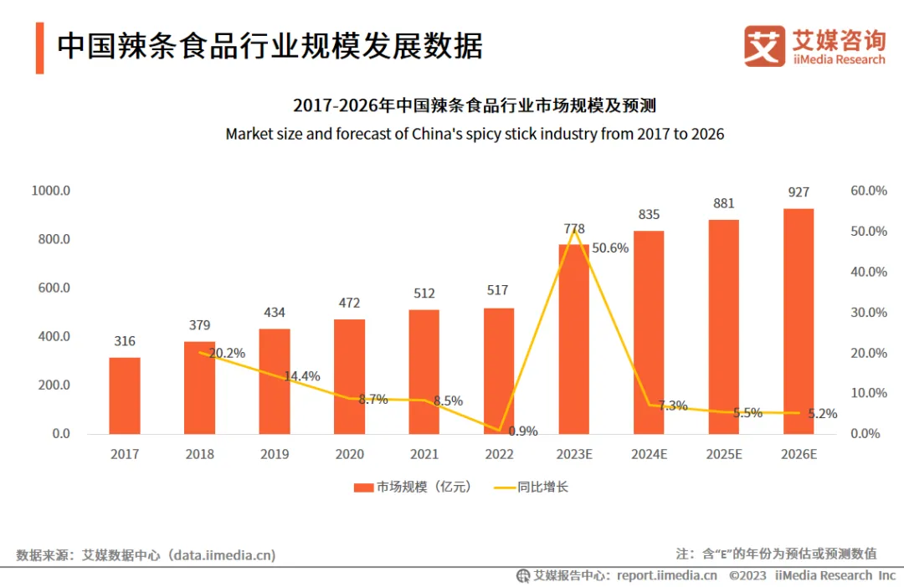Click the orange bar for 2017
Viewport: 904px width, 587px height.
pyautogui.click(x=125, y=396)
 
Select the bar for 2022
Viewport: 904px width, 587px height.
pyautogui.click(x=499, y=371)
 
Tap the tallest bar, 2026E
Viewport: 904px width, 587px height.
pyautogui.click(x=799, y=321)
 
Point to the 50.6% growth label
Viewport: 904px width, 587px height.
pyautogui.click(x=610, y=248)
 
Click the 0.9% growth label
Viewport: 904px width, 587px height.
pyautogui.click(x=522, y=431)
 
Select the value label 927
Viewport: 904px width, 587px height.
pyautogui.click(x=799, y=192)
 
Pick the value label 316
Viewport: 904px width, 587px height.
pyautogui.click(x=125, y=341)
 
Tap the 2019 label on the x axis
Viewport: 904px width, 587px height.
pyautogui.click(x=275, y=454)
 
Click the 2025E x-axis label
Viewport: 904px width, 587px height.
pyautogui.click(x=723, y=454)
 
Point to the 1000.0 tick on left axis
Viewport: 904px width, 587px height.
pyautogui.click(x=50, y=191)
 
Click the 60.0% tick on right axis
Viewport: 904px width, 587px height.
pyautogui.click(x=868, y=191)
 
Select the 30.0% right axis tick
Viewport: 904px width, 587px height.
pyautogui.click(x=868, y=313)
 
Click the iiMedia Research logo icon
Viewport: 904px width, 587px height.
pyautogui.click(x=764, y=46)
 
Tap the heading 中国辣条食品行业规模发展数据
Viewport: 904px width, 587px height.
pyautogui.click(x=270, y=46)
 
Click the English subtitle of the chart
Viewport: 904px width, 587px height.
pyautogui.click(x=475, y=134)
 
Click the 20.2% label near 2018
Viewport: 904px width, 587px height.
pyautogui.click(x=227, y=353)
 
